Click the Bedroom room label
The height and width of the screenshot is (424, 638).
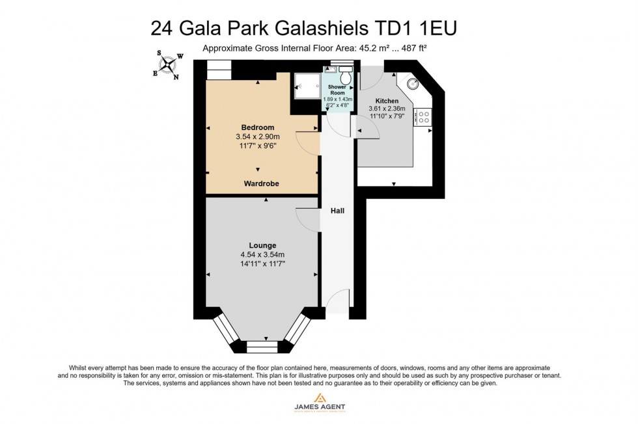tap(258, 127)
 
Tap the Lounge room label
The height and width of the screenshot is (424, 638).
tap(262, 245)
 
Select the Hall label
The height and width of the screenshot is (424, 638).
tap(337, 211)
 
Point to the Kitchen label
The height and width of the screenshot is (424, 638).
tap(387, 101)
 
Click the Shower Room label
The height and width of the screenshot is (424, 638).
tap(337, 90)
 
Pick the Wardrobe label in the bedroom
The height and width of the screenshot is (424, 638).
tap(262, 184)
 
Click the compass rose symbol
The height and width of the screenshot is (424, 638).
tap(168, 65)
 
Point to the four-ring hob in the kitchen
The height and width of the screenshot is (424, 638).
tap(423, 117)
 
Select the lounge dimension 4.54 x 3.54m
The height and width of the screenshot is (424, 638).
tap(262, 255)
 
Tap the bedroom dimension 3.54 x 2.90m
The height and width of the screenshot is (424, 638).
tap(258, 137)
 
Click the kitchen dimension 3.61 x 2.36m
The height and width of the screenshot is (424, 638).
tap(387, 109)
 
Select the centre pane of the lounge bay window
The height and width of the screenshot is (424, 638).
tap(262, 346)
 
